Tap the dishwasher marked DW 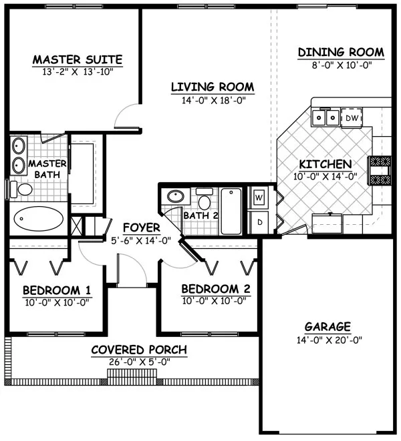[x=351, y=118]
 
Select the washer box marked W [x=259, y=198]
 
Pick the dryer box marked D [x=259, y=221]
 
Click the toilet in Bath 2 [x=205, y=201]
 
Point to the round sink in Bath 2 [x=175, y=197]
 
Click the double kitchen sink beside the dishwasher [x=325, y=118]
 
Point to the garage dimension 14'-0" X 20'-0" [x=327, y=340]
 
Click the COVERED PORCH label [x=139, y=350]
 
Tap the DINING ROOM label [x=341, y=52]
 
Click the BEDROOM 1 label [x=57, y=290]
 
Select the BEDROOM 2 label [x=216, y=289]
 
